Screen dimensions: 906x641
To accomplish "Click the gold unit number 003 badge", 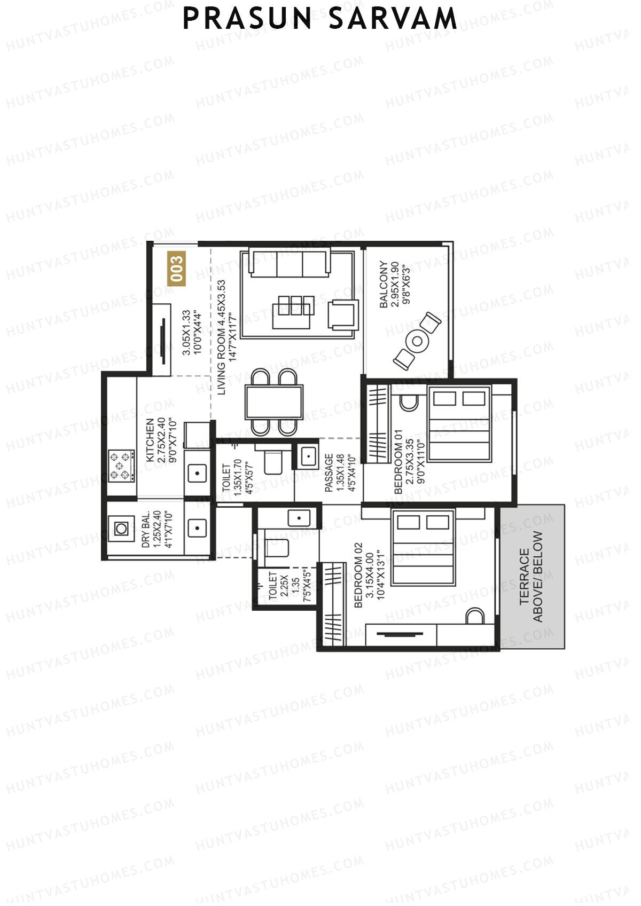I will (176, 269).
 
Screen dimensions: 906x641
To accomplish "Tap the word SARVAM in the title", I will (393, 19).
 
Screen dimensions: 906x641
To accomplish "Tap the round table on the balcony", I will (417, 341).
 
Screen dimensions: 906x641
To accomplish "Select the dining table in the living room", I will (274, 401).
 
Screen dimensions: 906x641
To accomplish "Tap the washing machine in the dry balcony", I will (121, 529).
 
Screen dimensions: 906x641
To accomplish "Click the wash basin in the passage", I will (308, 456).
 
